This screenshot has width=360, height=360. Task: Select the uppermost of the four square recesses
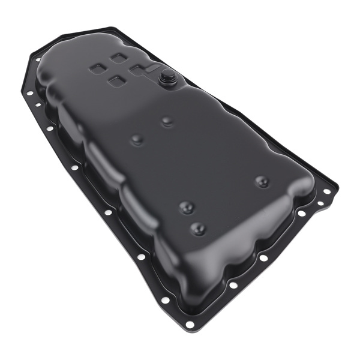point(118,58)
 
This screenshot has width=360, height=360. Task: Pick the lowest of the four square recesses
point(117,80)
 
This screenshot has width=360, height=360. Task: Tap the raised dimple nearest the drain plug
point(167,121)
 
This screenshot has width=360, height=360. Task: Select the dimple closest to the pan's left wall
point(137,140)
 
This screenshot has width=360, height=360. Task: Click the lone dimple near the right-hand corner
point(262,181)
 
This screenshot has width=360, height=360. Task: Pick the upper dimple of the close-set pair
point(187,207)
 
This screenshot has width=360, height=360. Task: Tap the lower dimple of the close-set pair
point(197,229)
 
